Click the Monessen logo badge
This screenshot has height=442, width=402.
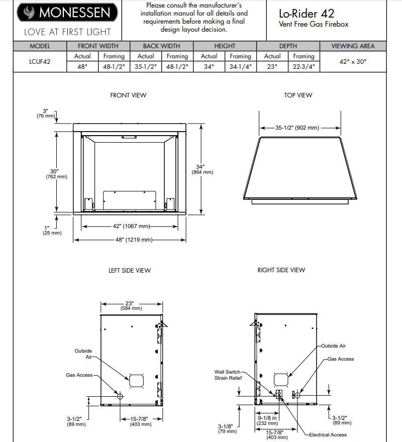click(x=67, y=13)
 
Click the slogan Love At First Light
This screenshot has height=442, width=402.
click(x=67, y=32)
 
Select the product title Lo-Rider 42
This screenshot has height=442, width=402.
click(x=307, y=14)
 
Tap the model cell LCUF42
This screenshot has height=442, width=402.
click(x=40, y=62)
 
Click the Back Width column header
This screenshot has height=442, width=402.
click(x=161, y=46)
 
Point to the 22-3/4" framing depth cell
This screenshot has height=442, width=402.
click(x=304, y=67)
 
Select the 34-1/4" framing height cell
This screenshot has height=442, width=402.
click(x=240, y=67)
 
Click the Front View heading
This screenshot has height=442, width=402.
click(x=128, y=95)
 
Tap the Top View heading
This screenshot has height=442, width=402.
click(x=298, y=95)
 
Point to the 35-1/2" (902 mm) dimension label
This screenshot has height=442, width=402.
click(x=297, y=128)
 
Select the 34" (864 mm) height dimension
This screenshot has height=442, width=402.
click(x=203, y=169)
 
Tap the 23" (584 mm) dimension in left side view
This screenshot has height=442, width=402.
click(x=132, y=305)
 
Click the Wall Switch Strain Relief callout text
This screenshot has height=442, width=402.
click(x=227, y=375)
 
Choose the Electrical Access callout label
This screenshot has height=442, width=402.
click(x=327, y=434)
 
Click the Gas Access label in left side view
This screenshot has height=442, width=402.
click(x=79, y=375)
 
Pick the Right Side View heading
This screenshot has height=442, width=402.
click(x=281, y=270)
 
